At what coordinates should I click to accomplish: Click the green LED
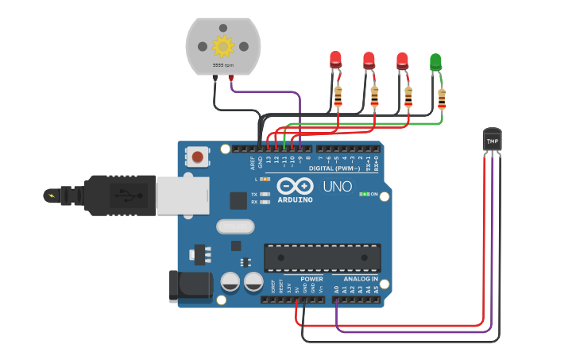pyautogui.click(x=435, y=63)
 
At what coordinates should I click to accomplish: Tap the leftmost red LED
pyautogui.click(x=335, y=59)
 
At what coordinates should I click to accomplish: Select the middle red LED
pyautogui.click(x=369, y=60)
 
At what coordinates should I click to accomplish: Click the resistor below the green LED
pyautogui.click(x=442, y=99)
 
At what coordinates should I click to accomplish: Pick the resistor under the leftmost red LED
pyautogui.click(x=338, y=97)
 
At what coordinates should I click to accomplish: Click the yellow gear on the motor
pyautogui.click(x=222, y=44)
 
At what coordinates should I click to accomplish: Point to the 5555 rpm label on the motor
pyautogui.click(x=222, y=64)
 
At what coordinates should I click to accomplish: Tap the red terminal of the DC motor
pyautogui.click(x=231, y=78)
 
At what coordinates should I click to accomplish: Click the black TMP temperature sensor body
pyautogui.click(x=493, y=139)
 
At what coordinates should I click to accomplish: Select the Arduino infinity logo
pyautogui.click(x=295, y=186)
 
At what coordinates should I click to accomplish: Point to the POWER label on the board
pyautogui.click(x=311, y=279)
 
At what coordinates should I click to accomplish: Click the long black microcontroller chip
pyautogui.click(x=322, y=257)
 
